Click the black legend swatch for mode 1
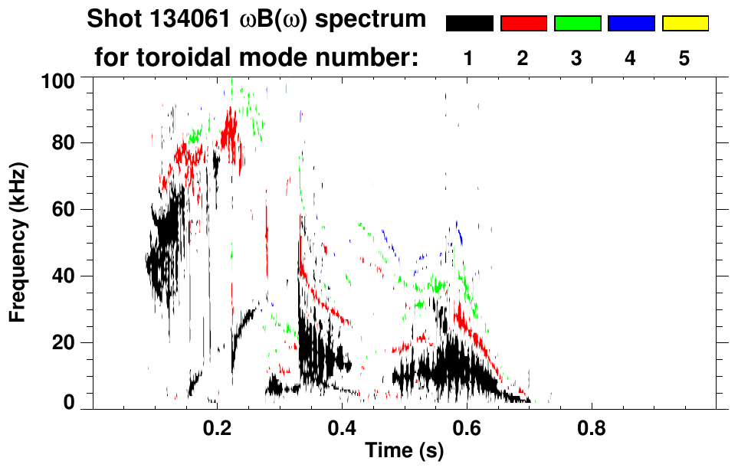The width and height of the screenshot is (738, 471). (469, 24)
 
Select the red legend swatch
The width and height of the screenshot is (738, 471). (523, 24)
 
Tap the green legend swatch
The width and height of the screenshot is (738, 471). (577, 24)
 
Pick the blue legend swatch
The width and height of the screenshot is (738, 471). (631, 24)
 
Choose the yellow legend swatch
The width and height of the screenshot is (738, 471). (685, 24)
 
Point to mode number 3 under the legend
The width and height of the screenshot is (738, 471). (577, 58)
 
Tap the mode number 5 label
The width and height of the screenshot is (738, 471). (685, 58)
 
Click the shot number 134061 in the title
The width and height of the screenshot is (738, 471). (172, 19)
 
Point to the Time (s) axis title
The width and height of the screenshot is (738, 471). (404, 451)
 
